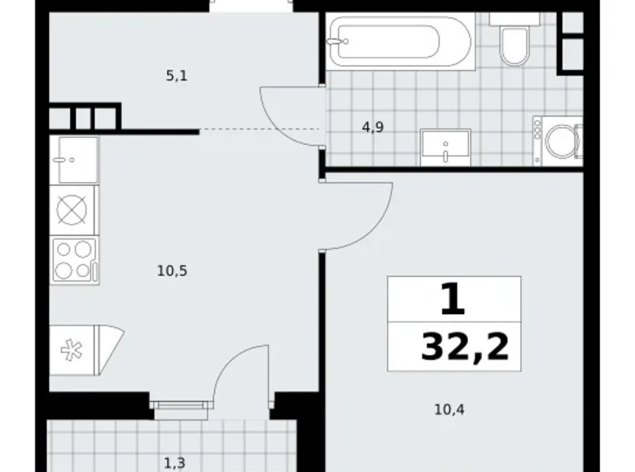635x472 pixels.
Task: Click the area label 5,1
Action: (177, 76)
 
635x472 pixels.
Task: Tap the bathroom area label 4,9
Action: (374, 127)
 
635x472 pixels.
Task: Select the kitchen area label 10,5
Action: (173, 271)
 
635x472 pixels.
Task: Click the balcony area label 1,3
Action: (173, 463)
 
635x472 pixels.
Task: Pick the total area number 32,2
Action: (465, 347)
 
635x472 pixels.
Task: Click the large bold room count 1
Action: (453, 300)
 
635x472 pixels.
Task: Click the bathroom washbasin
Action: (445, 147)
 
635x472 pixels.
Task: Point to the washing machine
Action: (560, 141)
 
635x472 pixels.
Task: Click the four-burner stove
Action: (73, 260)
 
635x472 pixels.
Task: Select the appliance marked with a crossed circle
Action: (72, 209)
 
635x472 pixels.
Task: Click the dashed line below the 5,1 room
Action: (261, 129)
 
